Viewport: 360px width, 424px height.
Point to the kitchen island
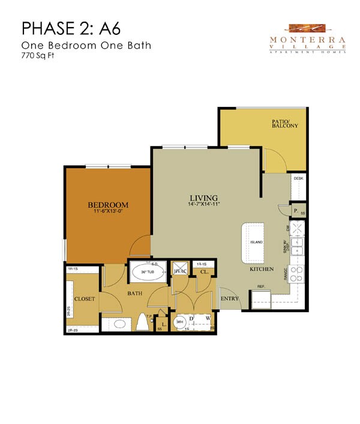coord(253,242)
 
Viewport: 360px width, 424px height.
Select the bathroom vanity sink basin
coord(119,324)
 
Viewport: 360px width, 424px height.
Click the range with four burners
coord(296,274)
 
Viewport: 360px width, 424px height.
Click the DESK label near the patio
coord(298,178)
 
